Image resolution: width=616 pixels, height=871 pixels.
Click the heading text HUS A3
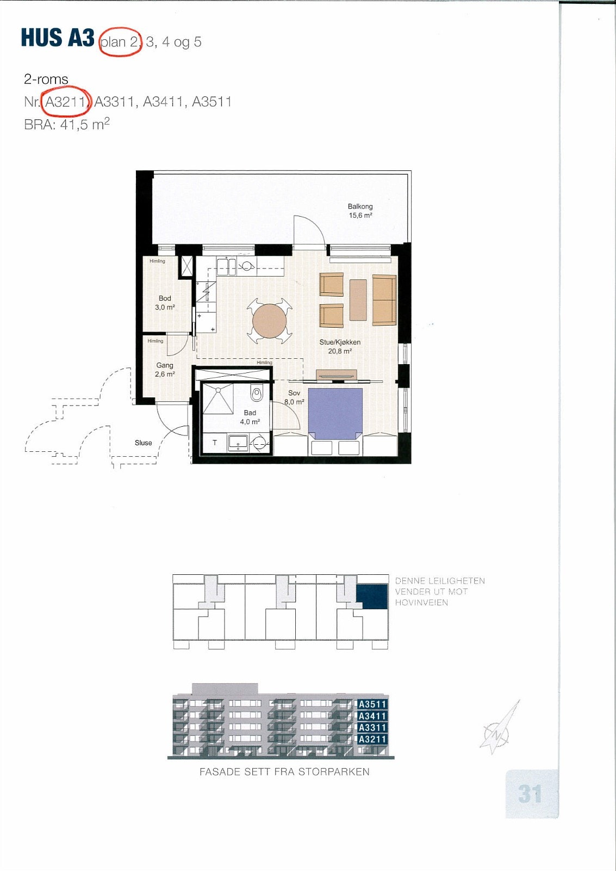[58, 38]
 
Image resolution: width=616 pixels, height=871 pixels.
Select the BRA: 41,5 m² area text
[67, 125]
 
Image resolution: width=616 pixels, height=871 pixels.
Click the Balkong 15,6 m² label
[360, 211]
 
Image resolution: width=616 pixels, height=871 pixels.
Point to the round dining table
[269, 321]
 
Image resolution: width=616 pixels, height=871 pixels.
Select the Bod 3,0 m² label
[165, 303]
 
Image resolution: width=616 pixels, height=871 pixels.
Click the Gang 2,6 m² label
[165, 370]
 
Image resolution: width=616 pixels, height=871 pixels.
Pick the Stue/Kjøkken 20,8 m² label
[340, 347]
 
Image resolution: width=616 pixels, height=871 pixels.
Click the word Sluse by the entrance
[144, 443]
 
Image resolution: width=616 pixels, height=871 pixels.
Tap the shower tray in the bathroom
[218, 398]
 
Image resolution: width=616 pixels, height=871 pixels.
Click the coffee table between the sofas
[358, 299]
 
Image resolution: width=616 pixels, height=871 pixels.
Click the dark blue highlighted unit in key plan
[372, 597]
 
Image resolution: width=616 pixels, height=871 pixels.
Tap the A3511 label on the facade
[372, 704]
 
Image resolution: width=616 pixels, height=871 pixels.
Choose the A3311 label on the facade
[372, 727]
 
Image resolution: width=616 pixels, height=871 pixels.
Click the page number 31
[530, 794]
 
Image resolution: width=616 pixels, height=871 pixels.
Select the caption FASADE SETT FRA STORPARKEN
[284, 771]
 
